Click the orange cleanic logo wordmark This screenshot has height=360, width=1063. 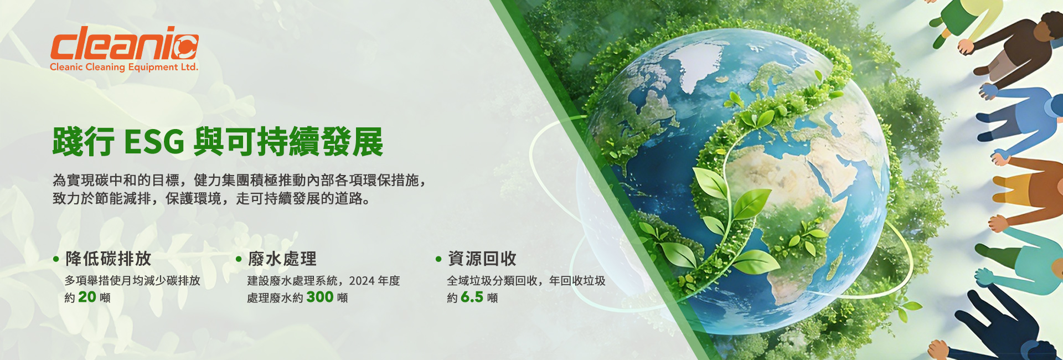124,43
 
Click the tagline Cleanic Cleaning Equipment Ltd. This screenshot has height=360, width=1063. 124,67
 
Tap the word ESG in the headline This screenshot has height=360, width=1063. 154,142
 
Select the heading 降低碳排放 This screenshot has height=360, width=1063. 108,259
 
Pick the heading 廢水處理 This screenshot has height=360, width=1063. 282,259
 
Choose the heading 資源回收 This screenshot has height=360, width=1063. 482,259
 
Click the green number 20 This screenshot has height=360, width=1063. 87,297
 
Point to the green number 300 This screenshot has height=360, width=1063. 320,297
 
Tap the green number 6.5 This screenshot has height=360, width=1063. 472,297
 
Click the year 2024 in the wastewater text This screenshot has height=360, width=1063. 361,281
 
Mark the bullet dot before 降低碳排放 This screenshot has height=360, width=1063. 56,259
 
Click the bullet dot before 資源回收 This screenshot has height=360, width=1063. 438,259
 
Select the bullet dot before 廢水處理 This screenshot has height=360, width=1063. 239,259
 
